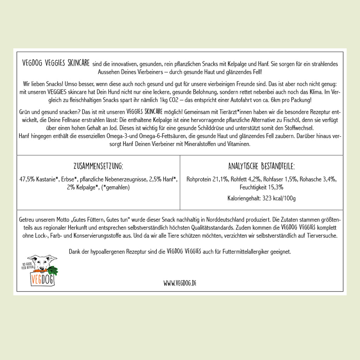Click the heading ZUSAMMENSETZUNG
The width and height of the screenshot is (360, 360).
point(98,166)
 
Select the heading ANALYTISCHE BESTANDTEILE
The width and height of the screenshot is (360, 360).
point(261,166)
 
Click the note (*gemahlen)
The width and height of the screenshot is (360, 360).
point(115,187)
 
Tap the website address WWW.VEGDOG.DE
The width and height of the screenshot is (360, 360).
point(180,283)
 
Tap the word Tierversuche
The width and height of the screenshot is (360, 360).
point(322,236)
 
